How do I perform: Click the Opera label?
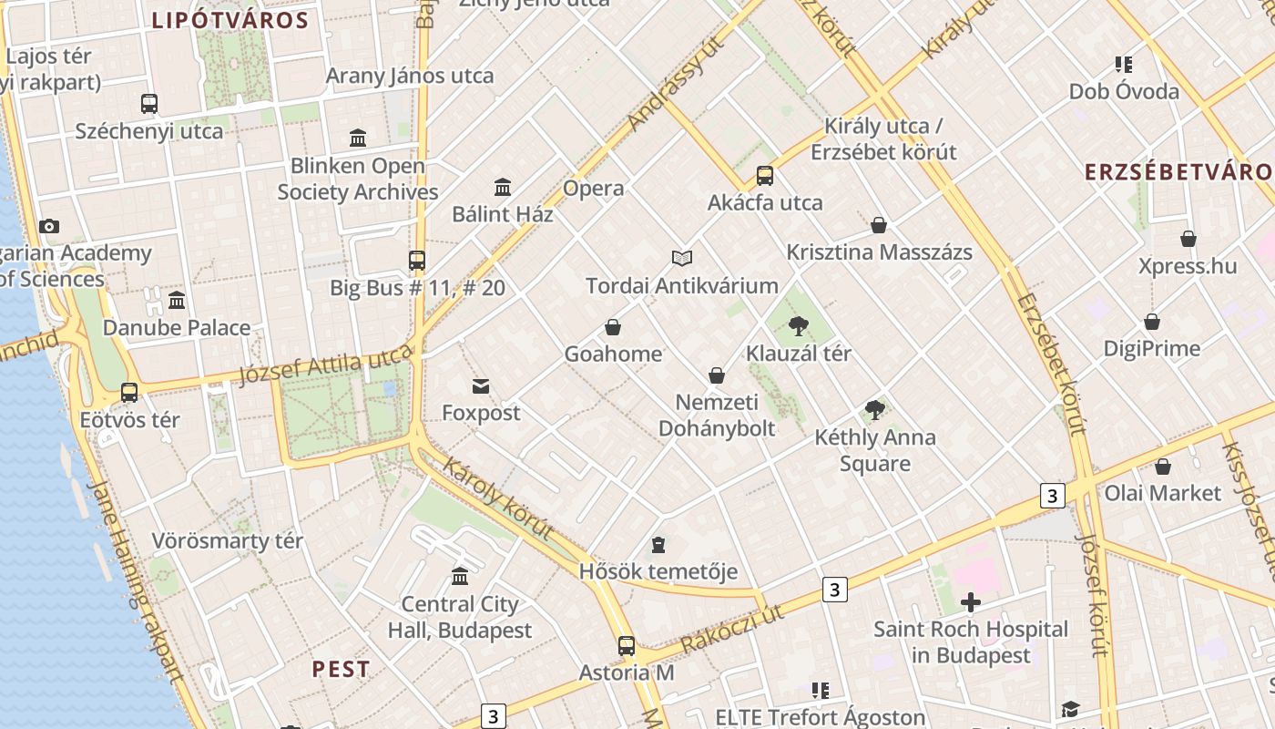pyautogui.click(x=594, y=189)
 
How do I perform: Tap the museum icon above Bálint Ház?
pyautogui.click(x=503, y=187)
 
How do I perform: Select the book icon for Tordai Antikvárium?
pyautogui.click(x=682, y=258)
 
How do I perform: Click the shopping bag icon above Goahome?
pyautogui.click(x=613, y=327)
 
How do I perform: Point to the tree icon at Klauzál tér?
pyautogui.click(x=799, y=325)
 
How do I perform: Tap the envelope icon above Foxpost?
pyautogui.click(x=481, y=386)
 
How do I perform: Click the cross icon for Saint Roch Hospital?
pyautogui.click(x=971, y=601)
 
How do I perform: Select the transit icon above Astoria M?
pyautogui.click(x=627, y=646)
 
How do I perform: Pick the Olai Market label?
pyautogui.click(x=1162, y=493)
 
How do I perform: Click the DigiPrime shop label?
pyautogui.click(x=1151, y=348)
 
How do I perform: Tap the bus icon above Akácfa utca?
pyautogui.click(x=765, y=176)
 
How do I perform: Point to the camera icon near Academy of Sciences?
pyautogui.click(x=49, y=226)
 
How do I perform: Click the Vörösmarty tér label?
pyautogui.click(x=227, y=540)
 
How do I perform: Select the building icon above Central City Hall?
pyautogui.click(x=460, y=577)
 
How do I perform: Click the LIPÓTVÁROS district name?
pyautogui.click(x=229, y=20)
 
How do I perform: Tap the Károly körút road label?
pyautogui.click(x=498, y=498)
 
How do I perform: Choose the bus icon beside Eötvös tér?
pyautogui.click(x=129, y=393)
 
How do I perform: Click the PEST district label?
pyautogui.click(x=341, y=669)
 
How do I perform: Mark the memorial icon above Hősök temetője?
pyautogui.click(x=658, y=545)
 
